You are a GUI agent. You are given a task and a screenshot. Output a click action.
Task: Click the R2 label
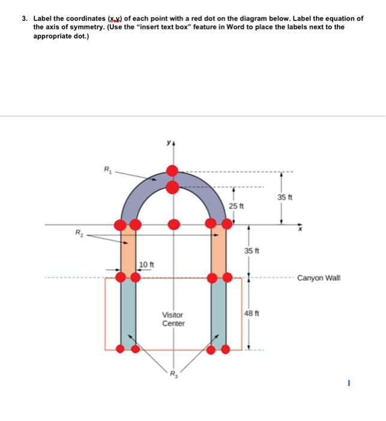[x=78, y=232]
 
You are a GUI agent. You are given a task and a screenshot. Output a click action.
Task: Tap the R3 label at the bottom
[x=173, y=378]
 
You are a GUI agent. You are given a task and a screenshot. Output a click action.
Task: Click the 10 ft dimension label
[x=147, y=265]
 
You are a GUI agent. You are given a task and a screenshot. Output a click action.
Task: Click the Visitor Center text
[x=173, y=319]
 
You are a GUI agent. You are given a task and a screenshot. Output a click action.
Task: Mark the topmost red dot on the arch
[x=172, y=170]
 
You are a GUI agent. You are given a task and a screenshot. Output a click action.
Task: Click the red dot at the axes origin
[x=173, y=224]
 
